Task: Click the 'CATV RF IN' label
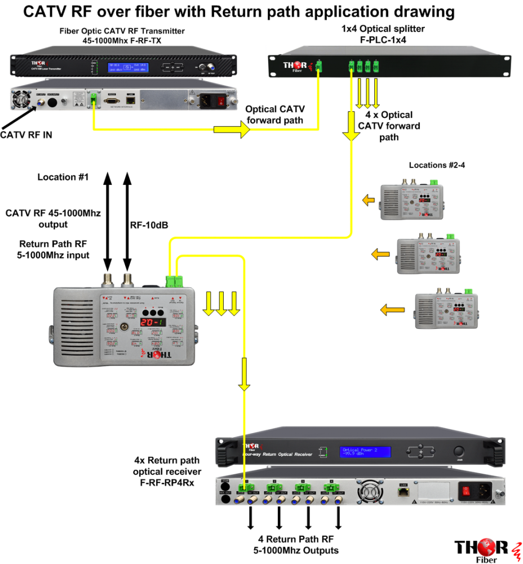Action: [26, 135]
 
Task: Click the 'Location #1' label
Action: [63, 177]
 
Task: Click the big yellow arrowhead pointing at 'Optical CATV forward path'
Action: [242, 130]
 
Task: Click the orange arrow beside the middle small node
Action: [381, 254]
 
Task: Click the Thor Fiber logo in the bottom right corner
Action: [484, 550]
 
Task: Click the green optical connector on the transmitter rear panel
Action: [92, 100]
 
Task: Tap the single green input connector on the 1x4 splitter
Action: [318, 66]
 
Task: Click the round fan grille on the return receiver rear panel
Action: [373, 490]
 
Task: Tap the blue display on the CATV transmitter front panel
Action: [123, 67]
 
